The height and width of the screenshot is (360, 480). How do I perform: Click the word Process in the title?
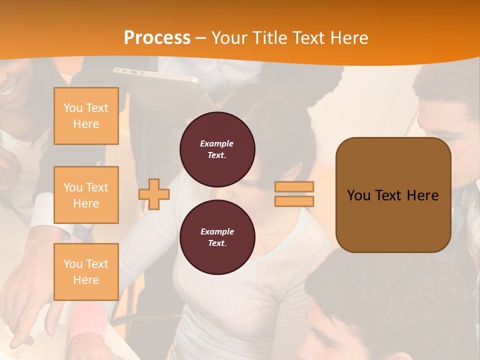(x=157, y=37)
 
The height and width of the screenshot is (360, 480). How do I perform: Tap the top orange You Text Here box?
(x=86, y=116)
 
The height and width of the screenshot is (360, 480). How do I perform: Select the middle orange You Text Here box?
(x=86, y=195)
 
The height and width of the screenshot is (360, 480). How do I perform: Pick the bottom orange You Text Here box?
(x=86, y=271)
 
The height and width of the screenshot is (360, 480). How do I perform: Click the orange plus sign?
(x=154, y=194)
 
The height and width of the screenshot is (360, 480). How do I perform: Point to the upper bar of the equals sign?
(x=294, y=187)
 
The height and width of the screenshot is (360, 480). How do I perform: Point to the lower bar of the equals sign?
(x=294, y=201)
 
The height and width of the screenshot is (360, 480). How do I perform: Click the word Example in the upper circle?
(x=216, y=143)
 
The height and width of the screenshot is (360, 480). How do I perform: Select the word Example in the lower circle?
(x=217, y=231)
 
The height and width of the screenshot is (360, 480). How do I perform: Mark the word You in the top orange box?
(x=72, y=108)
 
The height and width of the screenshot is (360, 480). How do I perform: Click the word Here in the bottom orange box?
(x=86, y=280)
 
